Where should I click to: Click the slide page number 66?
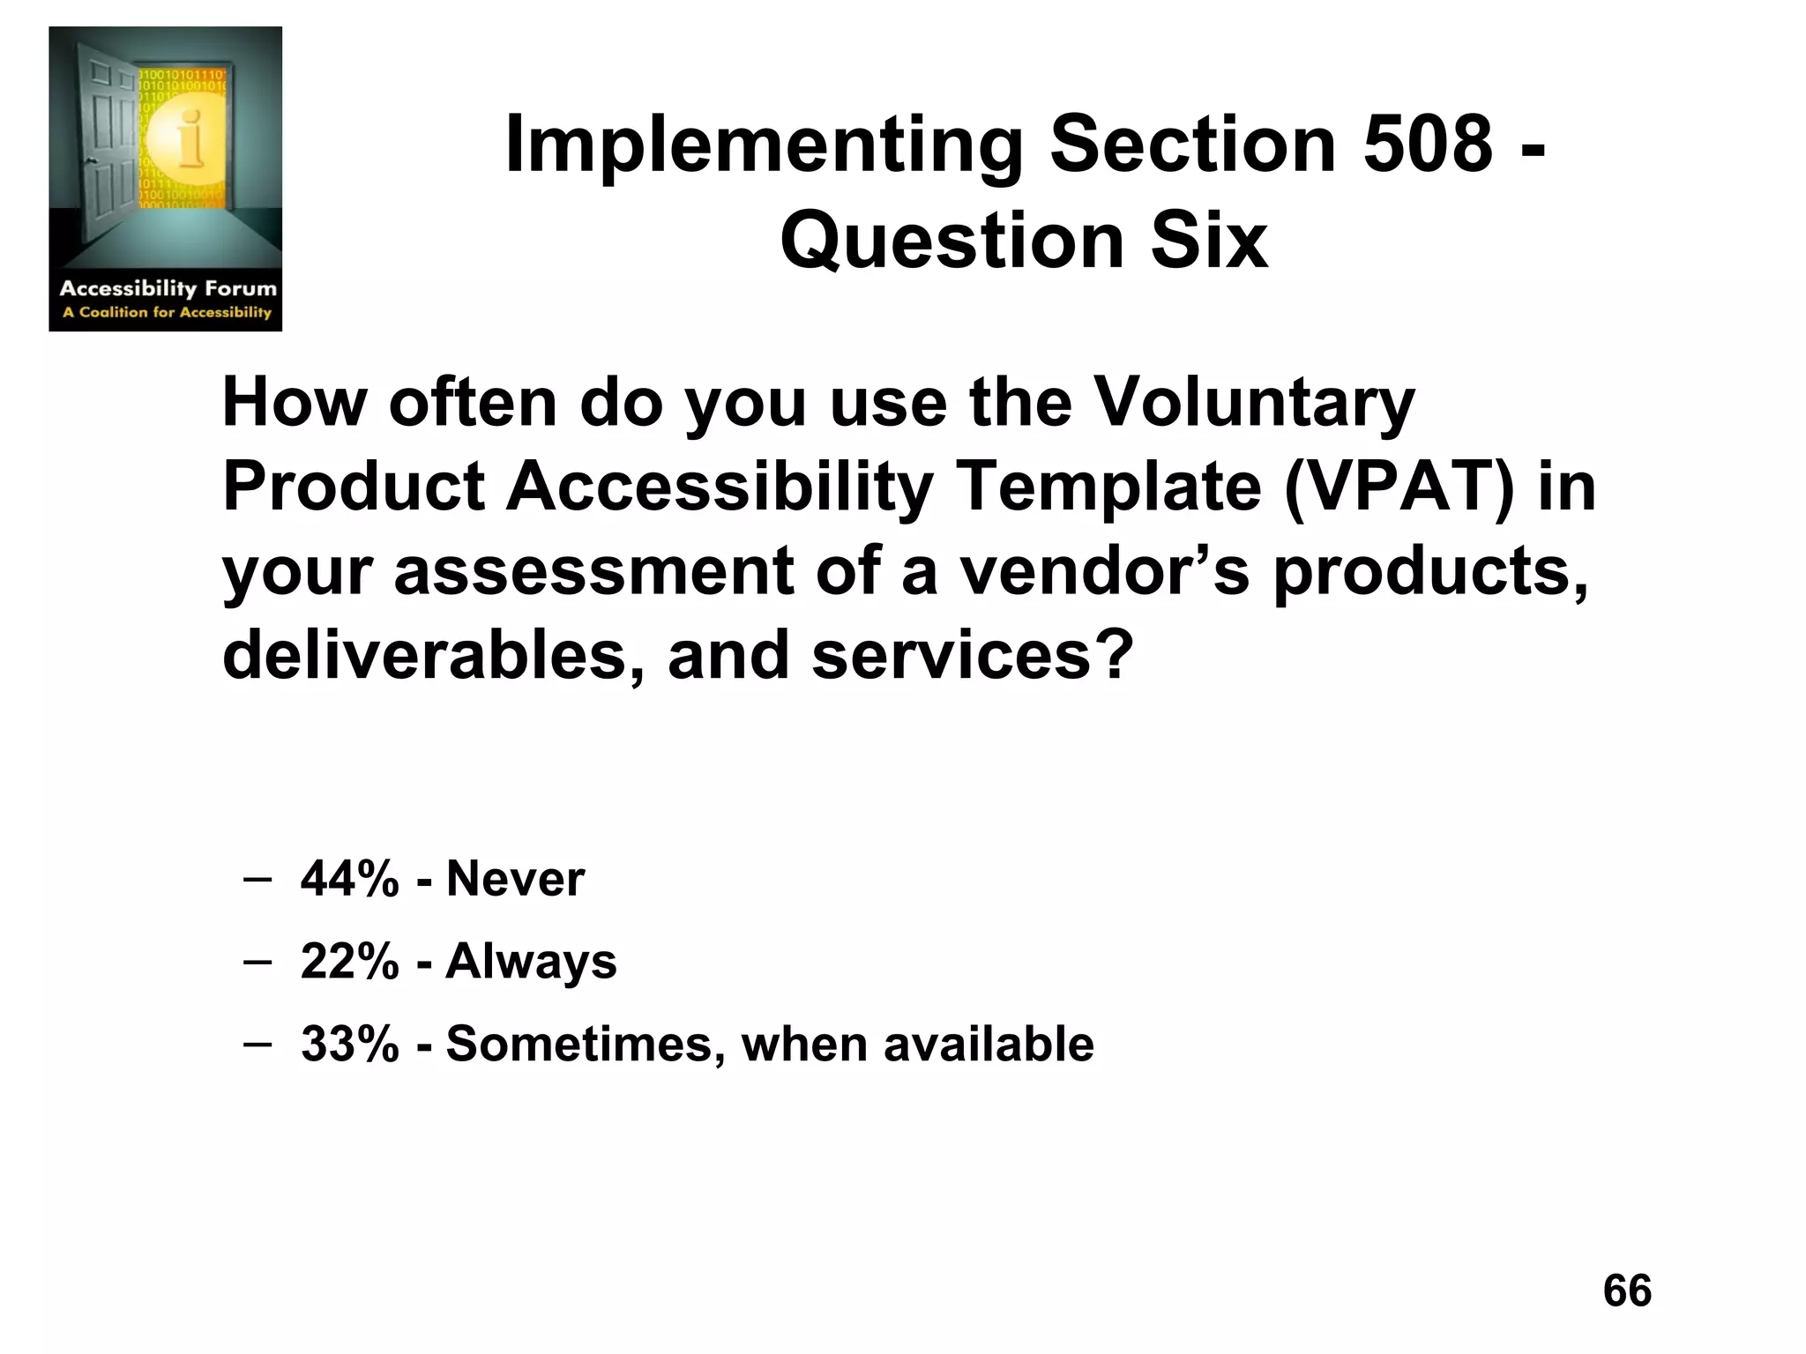pyautogui.click(x=1627, y=1291)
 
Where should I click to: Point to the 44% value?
pyautogui.click(x=349, y=879)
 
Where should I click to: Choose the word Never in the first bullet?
pyautogui.click(x=515, y=879)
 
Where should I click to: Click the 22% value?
pyautogui.click(x=349, y=961)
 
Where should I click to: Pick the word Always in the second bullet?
pyautogui.click(x=531, y=961)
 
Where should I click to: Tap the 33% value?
pyautogui.click(x=349, y=1044)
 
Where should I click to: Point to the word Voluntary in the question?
pyautogui.click(x=1253, y=403)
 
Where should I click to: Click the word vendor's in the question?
pyautogui.click(x=1104, y=571)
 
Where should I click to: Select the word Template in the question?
pyautogui.click(x=1109, y=487)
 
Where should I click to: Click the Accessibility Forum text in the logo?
pyautogui.click(x=168, y=288)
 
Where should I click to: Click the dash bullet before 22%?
pyautogui.click(x=257, y=961)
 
